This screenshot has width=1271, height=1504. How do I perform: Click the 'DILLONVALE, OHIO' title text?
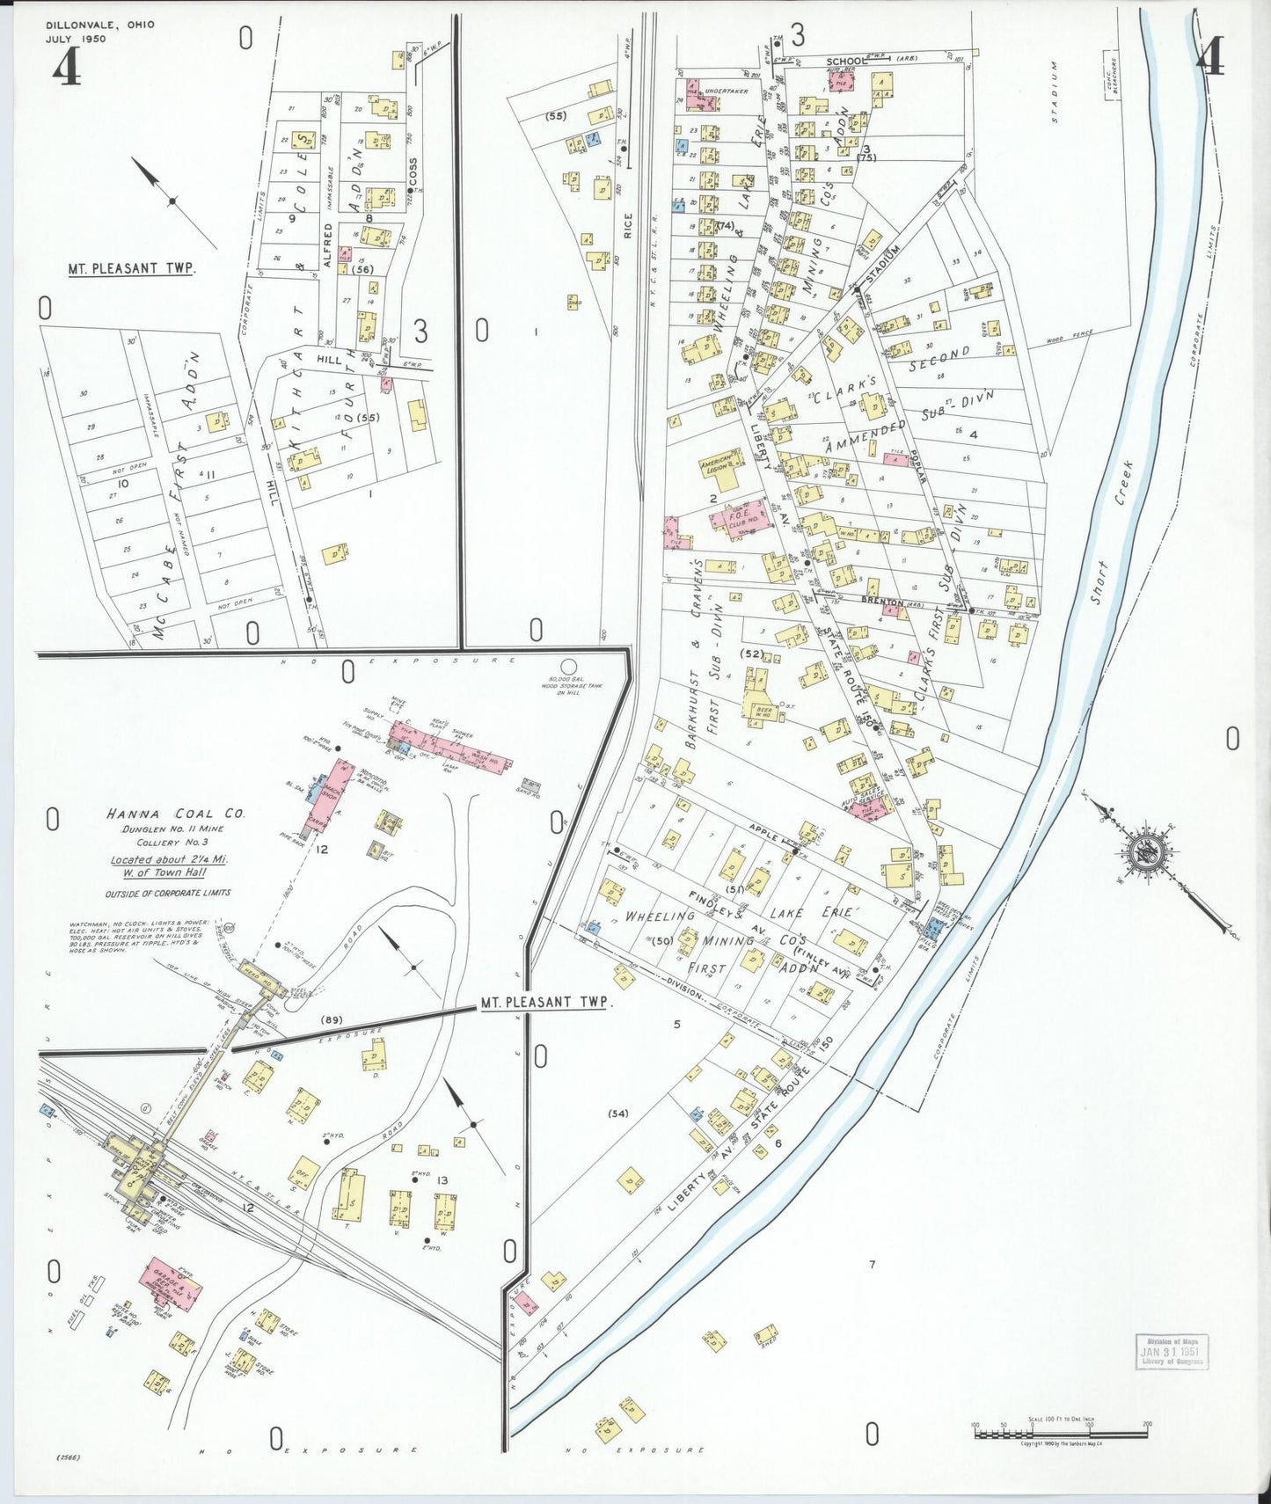pos(99,25)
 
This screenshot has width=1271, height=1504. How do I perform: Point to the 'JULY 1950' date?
pos(76,40)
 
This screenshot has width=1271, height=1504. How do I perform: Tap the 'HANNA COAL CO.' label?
pos(176,814)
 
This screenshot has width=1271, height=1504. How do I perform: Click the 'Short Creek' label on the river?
pos(1110,533)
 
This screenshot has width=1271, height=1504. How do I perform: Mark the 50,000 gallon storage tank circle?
pos(569,666)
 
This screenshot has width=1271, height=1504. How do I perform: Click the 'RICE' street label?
pos(628,227)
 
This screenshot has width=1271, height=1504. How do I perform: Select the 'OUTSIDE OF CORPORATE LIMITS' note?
pos(168,893)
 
